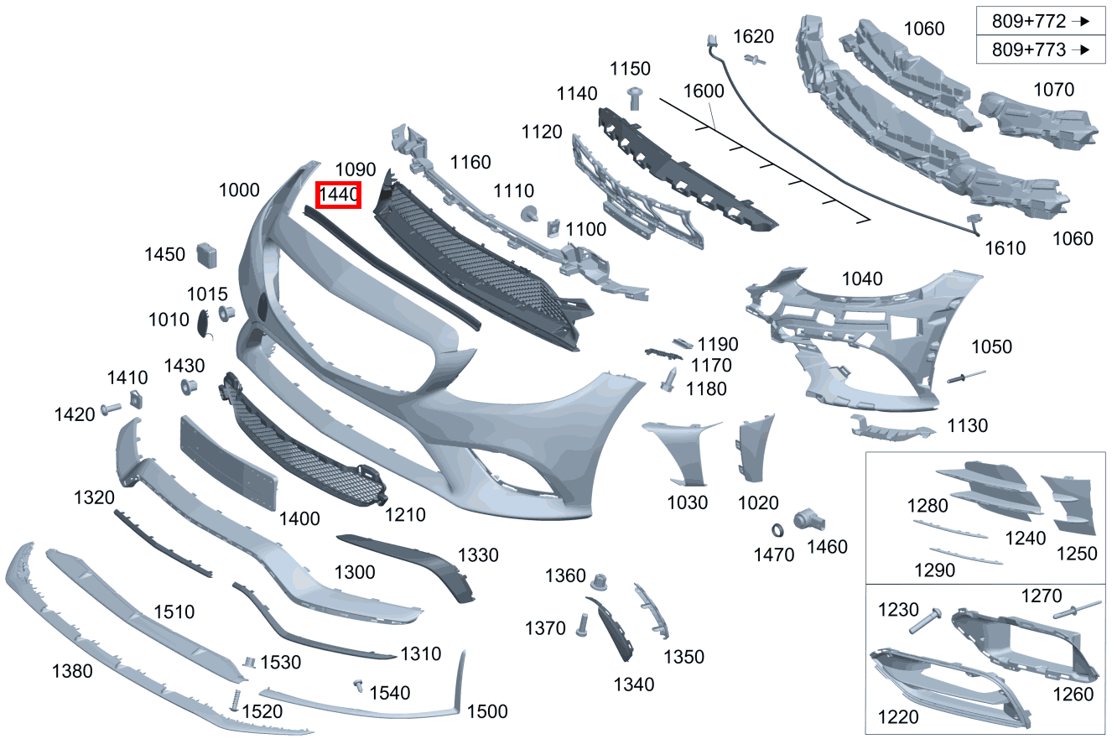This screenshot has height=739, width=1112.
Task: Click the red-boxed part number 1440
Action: [338, 195]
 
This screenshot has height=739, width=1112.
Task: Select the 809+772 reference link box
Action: [1041, 21]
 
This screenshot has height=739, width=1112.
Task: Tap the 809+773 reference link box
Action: [1041, 49]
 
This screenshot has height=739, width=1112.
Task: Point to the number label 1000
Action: [239, 190]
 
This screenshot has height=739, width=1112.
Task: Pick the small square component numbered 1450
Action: [207, 254]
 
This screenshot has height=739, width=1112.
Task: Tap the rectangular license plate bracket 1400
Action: [228, 461]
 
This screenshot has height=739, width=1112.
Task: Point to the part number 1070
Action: [1053, 90]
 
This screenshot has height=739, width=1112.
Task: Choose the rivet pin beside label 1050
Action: [965, 377]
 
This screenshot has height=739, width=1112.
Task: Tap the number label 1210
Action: [405, 514]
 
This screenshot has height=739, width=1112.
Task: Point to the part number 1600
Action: [703, 90]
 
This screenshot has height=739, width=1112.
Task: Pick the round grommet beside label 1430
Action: [189, 388]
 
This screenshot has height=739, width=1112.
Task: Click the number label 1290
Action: [934, 570]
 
